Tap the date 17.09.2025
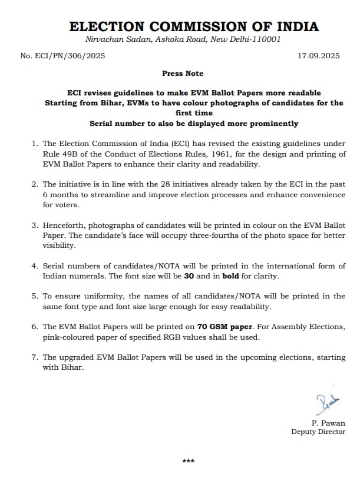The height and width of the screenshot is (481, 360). pos(319,56)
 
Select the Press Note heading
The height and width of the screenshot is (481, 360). pos(183,74)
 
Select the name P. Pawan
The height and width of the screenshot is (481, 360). pos(329,423)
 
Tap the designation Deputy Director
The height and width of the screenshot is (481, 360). pos(318,432)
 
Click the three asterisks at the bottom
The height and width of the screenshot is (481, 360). pos(188,461)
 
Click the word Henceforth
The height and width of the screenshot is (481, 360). pos(65,225)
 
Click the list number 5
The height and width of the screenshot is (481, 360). pos(35,296)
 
